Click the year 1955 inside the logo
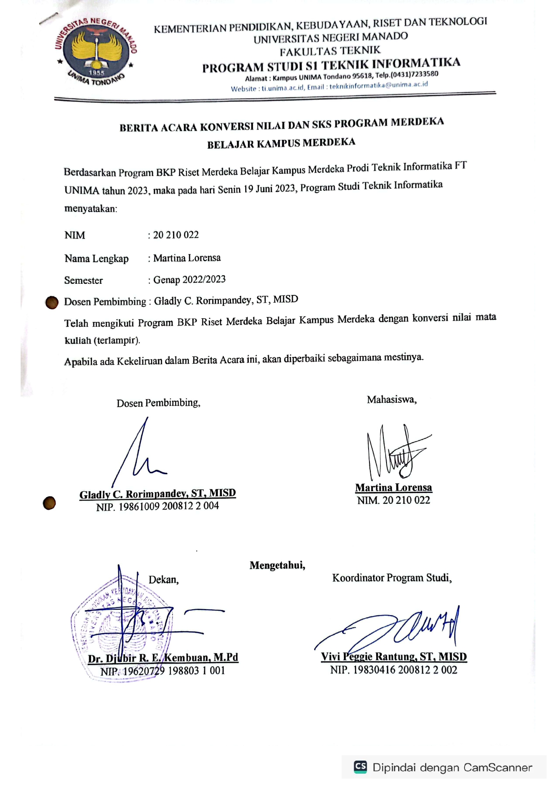click(96, 72)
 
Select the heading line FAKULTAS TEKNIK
click(330, 51)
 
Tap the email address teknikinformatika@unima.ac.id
click(378, 85)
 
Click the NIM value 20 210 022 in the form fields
click(176, 235)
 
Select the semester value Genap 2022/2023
click(189, 280)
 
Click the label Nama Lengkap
click(96, 259)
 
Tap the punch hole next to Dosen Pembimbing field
click(52, 303)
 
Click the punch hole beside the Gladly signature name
click(49, 503)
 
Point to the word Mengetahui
click(277, 565)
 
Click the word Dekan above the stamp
click(164, 580)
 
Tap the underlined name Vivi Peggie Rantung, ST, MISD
click(394, 657)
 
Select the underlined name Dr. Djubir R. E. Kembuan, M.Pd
click(163, 658)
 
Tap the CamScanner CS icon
click(361, 767)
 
